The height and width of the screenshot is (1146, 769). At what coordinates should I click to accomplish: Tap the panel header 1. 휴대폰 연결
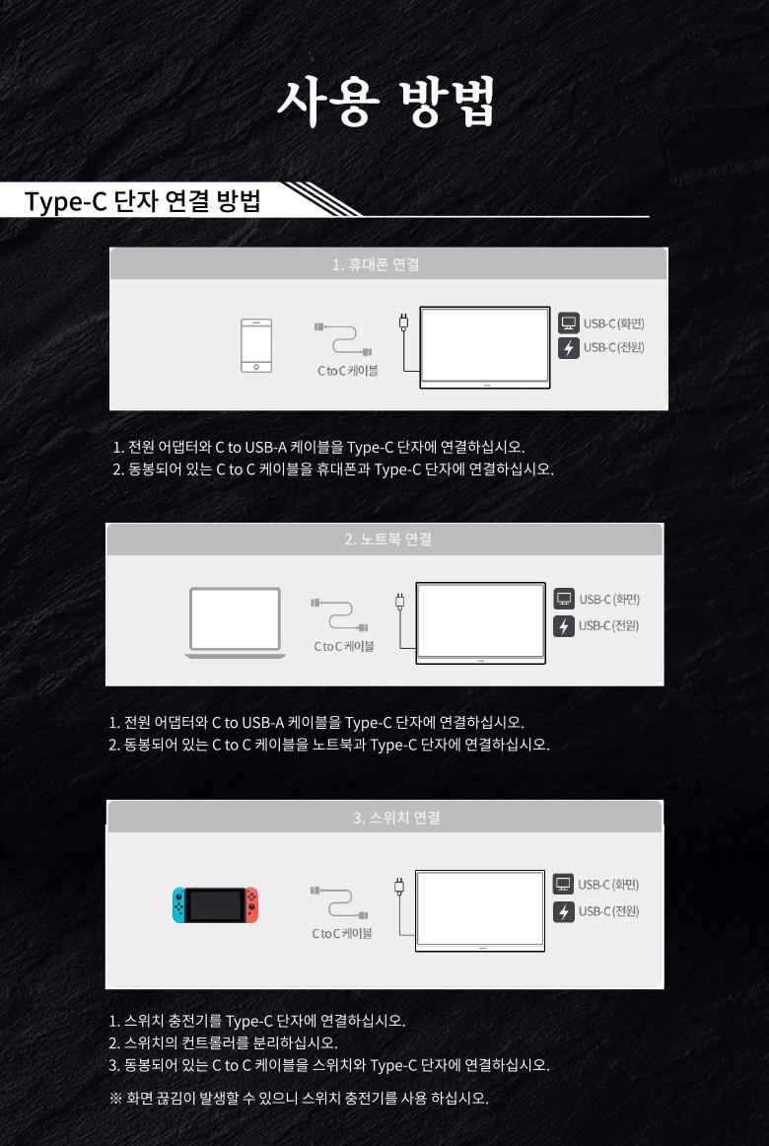pos(376,264)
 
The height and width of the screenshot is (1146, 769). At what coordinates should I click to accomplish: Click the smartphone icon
pos(256,346)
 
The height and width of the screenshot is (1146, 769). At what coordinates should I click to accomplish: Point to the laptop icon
pos(236,622)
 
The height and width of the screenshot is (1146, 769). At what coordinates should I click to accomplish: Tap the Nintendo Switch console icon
pos(216,904)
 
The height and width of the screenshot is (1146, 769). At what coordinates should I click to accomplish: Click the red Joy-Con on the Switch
pos(251,904)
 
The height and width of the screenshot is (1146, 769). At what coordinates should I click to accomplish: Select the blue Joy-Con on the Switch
pos(179,904)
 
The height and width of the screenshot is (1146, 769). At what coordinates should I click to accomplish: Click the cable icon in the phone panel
pos(344,339)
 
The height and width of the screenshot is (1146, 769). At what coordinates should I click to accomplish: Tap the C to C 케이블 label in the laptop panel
pos(344,646)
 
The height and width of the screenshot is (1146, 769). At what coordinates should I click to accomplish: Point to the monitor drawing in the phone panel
pos(485,347)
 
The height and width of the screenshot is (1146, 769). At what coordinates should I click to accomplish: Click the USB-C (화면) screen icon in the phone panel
pos(569,322)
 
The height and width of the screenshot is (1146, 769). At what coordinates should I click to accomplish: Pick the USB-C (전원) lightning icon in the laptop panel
pos(564,626)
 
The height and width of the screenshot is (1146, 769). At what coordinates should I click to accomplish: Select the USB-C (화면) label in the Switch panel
pos(608,885)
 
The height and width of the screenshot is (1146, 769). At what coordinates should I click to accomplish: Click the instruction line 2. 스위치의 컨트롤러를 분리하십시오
pos(223,1042)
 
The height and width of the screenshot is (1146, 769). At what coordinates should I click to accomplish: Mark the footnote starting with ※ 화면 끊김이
pos(298,1098)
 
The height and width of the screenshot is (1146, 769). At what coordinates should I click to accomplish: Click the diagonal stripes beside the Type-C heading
pos(321,199)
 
